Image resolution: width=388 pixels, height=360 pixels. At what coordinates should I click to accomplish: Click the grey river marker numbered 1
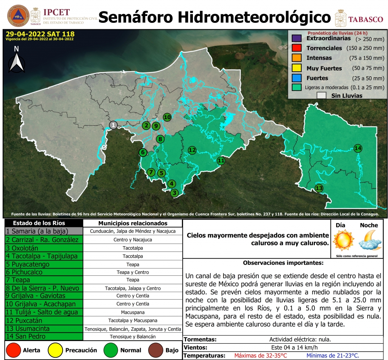113,125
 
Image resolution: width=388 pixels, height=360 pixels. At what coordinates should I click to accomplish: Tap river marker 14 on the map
358,148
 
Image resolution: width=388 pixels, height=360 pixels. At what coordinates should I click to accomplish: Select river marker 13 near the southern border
319,188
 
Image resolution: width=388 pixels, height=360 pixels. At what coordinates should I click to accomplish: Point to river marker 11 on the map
221,160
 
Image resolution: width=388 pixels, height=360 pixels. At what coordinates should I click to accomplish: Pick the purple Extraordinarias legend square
297,39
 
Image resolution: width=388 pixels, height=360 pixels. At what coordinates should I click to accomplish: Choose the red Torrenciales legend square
297,49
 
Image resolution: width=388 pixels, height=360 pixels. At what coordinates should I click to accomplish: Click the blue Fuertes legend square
297,78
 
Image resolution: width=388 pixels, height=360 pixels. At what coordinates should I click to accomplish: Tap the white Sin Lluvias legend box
322,96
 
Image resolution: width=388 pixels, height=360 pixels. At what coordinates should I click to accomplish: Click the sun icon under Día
343,240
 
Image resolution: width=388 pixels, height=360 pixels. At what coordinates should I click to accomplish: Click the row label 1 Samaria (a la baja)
37,231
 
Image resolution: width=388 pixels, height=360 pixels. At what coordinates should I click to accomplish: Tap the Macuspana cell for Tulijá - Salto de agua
133,312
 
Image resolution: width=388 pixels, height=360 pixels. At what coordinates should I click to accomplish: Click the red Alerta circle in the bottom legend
14,350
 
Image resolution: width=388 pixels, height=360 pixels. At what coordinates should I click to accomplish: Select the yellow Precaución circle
56,350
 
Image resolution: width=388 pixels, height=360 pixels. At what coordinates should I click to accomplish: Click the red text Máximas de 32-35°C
260,355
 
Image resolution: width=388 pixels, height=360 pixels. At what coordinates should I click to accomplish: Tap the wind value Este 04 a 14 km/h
294,347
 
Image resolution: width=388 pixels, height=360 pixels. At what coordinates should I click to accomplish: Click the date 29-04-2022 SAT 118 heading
40,33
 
